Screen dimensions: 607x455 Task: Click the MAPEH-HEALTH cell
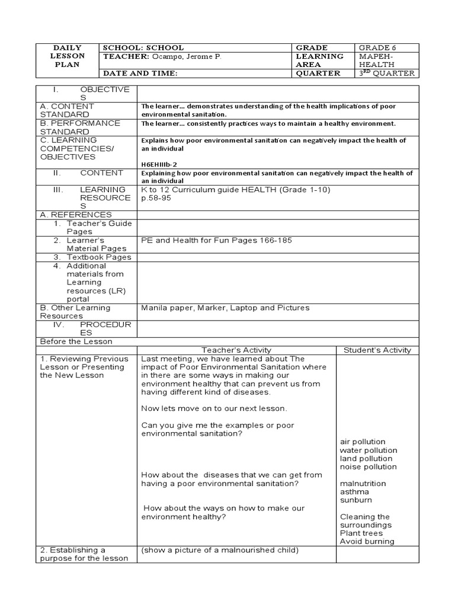(x=375, y=60)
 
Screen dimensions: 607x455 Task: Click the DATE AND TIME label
(x=140, y=74)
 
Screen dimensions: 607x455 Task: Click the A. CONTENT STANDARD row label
(x=67, y=110)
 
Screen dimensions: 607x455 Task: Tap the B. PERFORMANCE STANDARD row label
(x=80, y=127)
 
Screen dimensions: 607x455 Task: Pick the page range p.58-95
(x=155, y=198)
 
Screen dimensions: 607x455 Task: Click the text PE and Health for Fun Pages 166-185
(x=216, y=240)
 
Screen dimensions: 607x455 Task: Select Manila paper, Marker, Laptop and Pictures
(x=225, y=308)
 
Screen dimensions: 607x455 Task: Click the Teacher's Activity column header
(x=236, y=350)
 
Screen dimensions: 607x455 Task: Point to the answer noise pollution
(x=369, y=467)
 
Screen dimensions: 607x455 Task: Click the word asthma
(x=354, y=491)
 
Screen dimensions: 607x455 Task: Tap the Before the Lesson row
(x=76, y=341)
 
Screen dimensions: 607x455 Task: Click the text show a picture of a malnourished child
(x=220, y=550)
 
